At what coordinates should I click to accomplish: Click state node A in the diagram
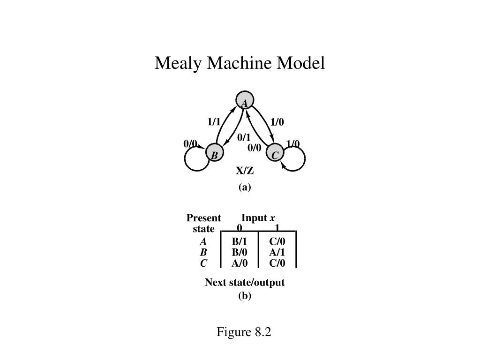coord(244,102)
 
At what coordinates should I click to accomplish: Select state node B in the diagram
coord(214,155)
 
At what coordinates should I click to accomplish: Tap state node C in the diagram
coord(275,155)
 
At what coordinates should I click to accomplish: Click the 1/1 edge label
coord(214,122)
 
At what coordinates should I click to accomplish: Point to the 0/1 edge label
coord(244,137)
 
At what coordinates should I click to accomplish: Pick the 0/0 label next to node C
coord(255,148)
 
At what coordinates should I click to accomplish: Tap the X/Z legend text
coord(245,172)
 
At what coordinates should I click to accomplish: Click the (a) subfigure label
coord(245,187)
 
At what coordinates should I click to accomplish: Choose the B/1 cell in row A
coord(239,242)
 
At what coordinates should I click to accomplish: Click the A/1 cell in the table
coord(277,253)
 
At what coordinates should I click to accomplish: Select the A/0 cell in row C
coord(239,263)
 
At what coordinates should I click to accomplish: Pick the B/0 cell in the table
coord(239,253)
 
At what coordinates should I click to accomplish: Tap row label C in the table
coord(203,263)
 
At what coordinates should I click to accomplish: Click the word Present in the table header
coord(203,218)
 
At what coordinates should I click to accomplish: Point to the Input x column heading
coord(258,218)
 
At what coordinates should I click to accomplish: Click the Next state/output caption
coord(245,283)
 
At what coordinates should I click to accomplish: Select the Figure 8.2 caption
coord(244,332)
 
